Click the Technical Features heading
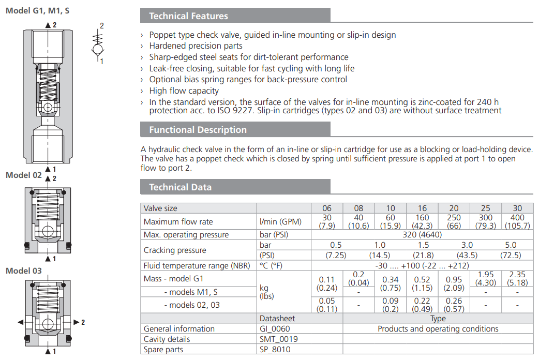click(x=188, y=16)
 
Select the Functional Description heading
click(x=198, y=130)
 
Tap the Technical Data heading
click(x=180, y=187)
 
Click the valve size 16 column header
click(x=422, y=208)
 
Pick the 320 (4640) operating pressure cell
click(x=422, y=235)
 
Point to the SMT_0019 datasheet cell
click(x=279, y=339)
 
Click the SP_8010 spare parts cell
click(x=276, y=350)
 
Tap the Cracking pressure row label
click(x=175, y=250)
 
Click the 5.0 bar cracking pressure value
click(x=511, y=245)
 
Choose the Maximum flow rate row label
click(x=178, y=222)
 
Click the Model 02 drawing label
click(x=23, y=175)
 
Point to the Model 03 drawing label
click(x=23, y=271)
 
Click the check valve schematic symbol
click(x=97, y=43)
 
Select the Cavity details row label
click(x=167, y=339)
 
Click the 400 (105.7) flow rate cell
click(x=517, y=222)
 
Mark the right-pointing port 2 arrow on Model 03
click(x=76, y=322)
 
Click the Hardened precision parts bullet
click(x=196, y=46)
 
